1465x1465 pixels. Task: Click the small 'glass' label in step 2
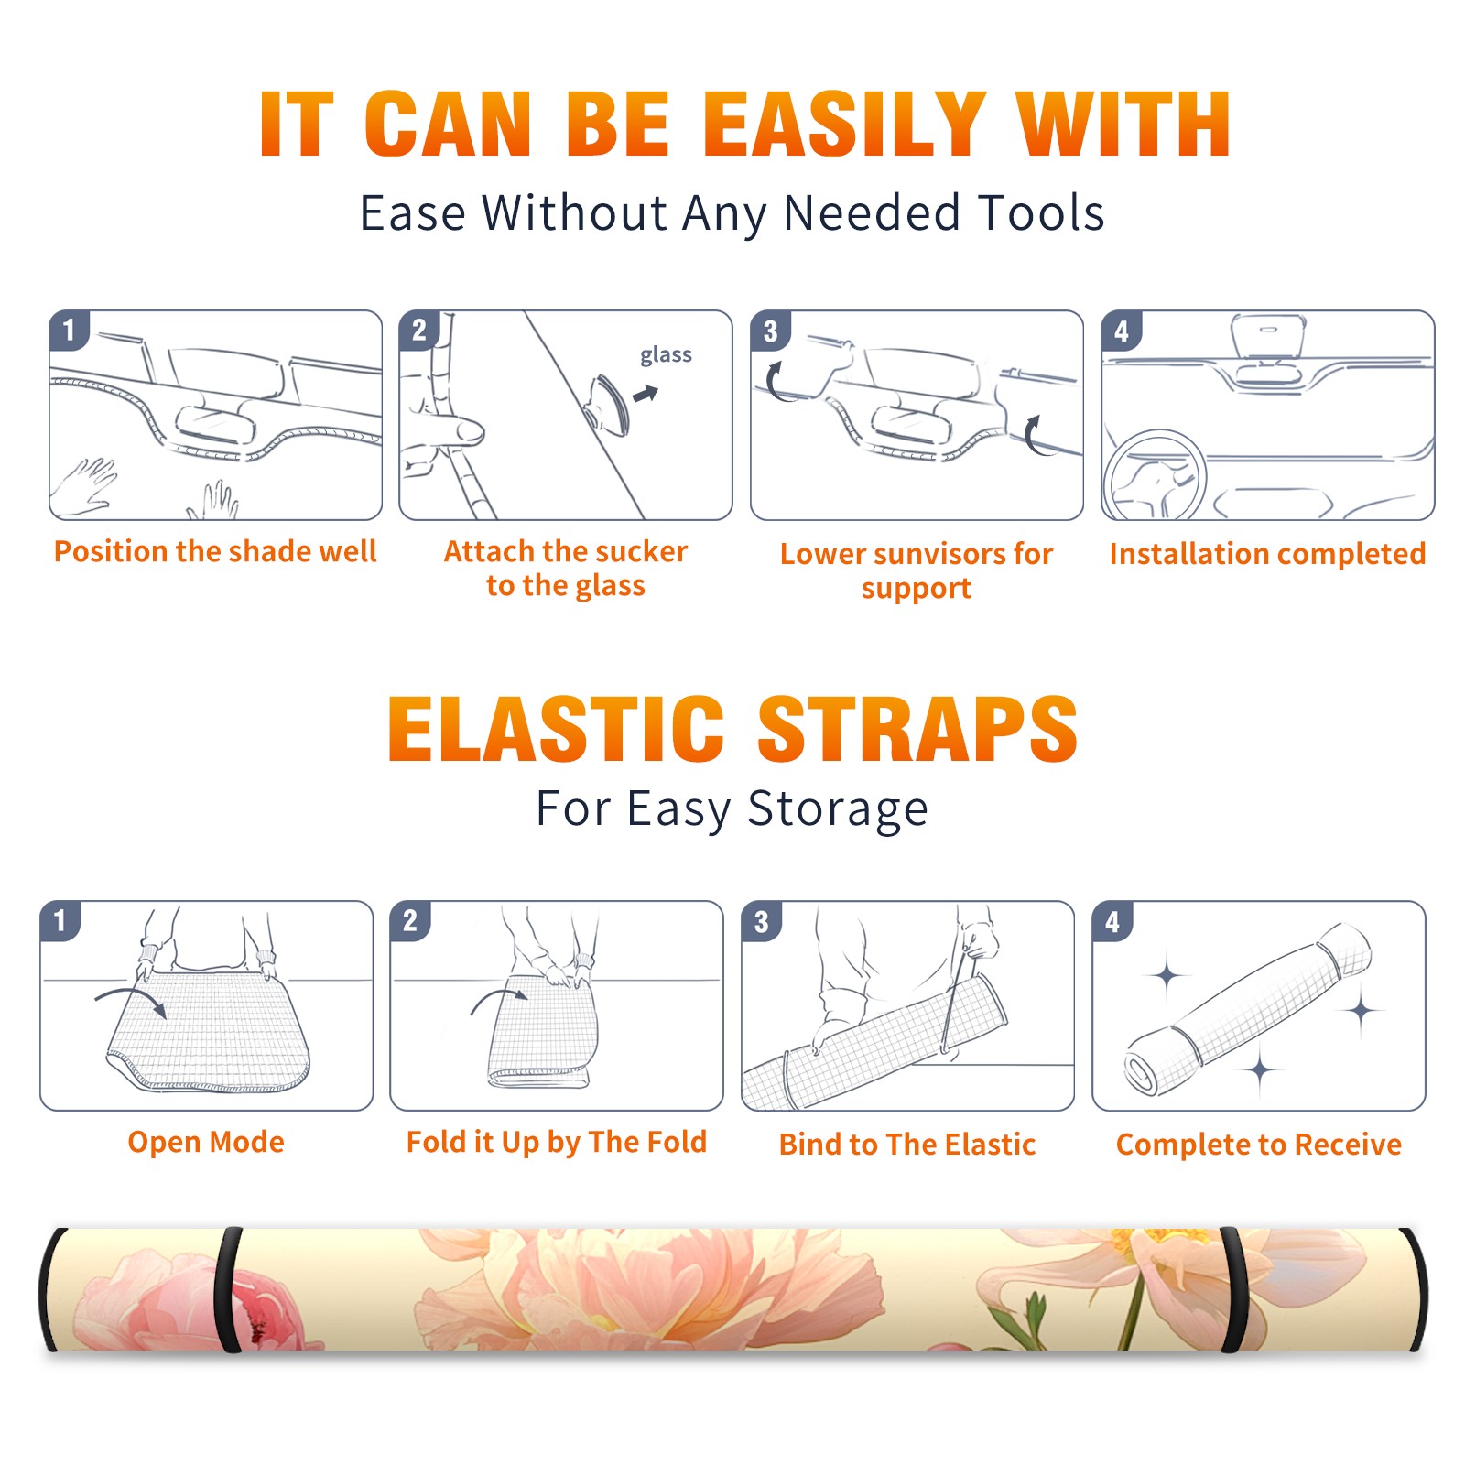coord(666,355)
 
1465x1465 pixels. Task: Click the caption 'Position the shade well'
coord(215,551)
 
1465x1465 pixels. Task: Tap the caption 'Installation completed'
coord(1267,554)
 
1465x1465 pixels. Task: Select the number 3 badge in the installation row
coord(770,331)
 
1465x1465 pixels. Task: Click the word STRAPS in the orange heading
coord(917,729)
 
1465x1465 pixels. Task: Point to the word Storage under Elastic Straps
coord(838,809)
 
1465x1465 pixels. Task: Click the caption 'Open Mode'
coord(206,1142)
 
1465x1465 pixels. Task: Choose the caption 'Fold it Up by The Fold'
coord(557,1142)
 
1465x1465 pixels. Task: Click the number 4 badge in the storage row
coord(1112,921)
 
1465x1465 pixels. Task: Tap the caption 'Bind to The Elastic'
coord(907,1145)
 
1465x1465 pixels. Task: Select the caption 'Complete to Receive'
coord(1259,1145)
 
